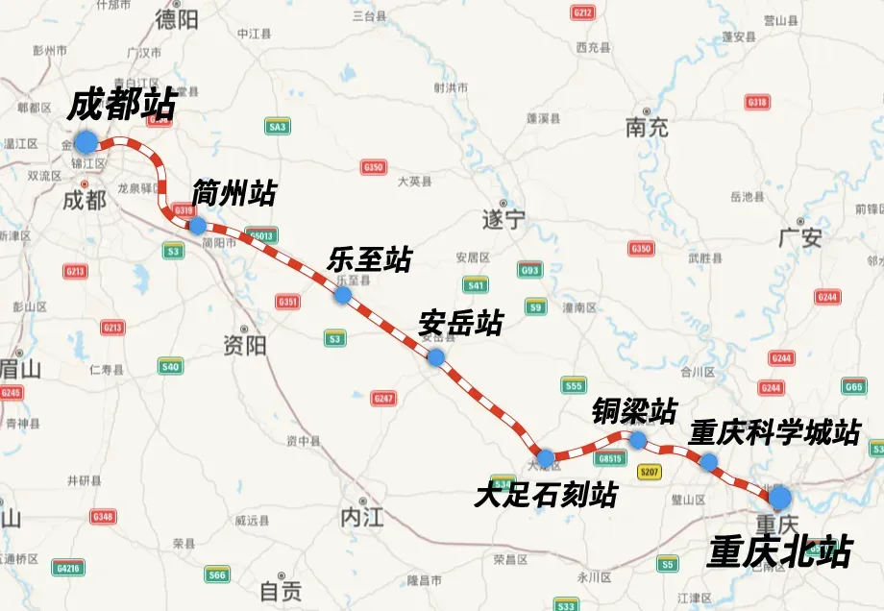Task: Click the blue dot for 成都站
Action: (86, 142)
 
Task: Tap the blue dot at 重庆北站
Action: (780, 497)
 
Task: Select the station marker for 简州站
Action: (197, 226)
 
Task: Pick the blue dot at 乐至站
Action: (342, 295)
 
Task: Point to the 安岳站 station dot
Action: (436, 357)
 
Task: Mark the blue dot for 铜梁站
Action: (637, 439)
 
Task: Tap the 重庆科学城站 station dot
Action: (708, 462)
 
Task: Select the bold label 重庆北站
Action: (779, 551)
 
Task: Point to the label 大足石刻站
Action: (546, 495)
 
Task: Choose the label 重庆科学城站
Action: (774, 432)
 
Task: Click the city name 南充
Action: (646, 127)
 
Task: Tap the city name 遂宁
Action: (503, 220)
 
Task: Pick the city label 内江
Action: (361, 518)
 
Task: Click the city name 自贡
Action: (281, 589)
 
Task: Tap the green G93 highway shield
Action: (530, 271)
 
